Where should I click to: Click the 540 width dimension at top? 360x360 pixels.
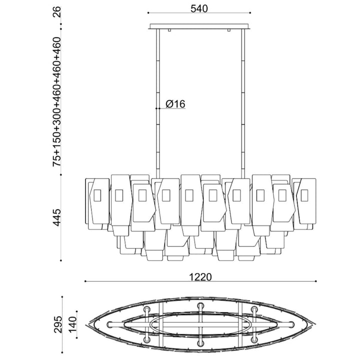199,8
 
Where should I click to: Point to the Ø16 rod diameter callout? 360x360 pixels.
175,104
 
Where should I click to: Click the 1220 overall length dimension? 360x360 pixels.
200,276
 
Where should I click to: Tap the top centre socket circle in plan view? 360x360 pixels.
200,305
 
